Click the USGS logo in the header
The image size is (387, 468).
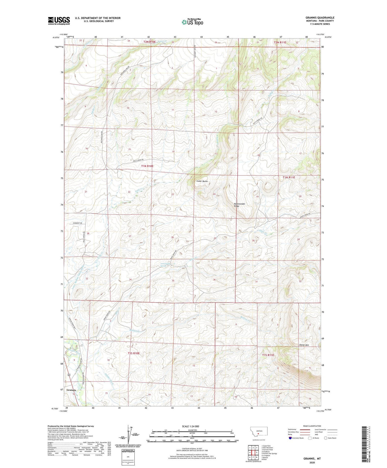point(59,21)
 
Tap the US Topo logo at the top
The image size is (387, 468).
point(192,22)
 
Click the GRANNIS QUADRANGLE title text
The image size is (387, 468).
point(320,18)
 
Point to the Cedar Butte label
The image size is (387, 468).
point(202,181)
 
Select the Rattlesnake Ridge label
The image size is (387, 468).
point(239,205)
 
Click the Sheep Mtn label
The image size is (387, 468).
point(304,345)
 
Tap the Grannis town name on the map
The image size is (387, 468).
point(71,390)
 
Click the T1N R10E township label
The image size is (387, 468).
point(147,166)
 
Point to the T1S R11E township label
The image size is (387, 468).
point(268,355)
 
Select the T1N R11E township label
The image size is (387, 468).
point(288,177)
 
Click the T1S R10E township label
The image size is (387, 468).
point(134,353)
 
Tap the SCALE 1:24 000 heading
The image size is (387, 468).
point(190,426)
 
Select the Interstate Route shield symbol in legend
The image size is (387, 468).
point(290,438)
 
